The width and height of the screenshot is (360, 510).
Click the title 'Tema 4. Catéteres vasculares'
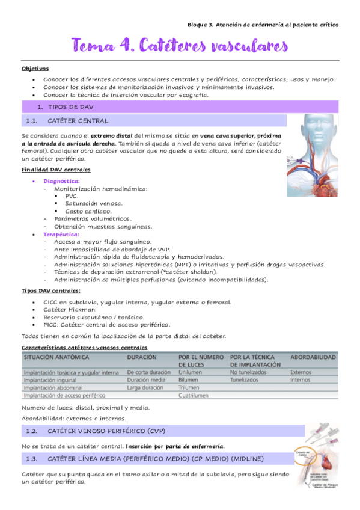tap(180, 45)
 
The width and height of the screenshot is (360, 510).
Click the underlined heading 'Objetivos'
tap(35, 69)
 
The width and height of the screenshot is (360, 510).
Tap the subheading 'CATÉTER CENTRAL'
tap(78, 121)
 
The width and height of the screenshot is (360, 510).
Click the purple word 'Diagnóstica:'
tap(61, 180)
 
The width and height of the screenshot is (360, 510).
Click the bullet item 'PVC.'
tap(72, 196)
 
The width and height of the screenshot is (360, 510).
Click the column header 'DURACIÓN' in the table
tap(142, 357)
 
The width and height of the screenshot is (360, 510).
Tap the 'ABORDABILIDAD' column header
tap(313, 357)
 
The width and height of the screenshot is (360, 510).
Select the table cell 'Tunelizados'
tap(248, 380)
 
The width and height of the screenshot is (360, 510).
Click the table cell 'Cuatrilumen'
tap(194, 395)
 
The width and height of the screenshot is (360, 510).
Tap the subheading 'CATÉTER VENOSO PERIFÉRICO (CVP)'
tap(106, 431)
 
